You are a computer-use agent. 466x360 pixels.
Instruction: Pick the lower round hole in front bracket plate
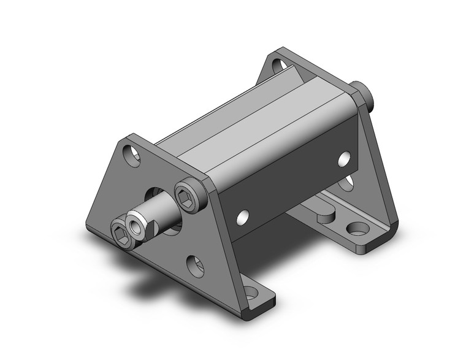pos(195,265)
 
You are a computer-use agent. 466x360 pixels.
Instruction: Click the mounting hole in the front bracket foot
pos(251,293)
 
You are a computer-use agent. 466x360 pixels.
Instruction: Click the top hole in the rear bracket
pos(278,64)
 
